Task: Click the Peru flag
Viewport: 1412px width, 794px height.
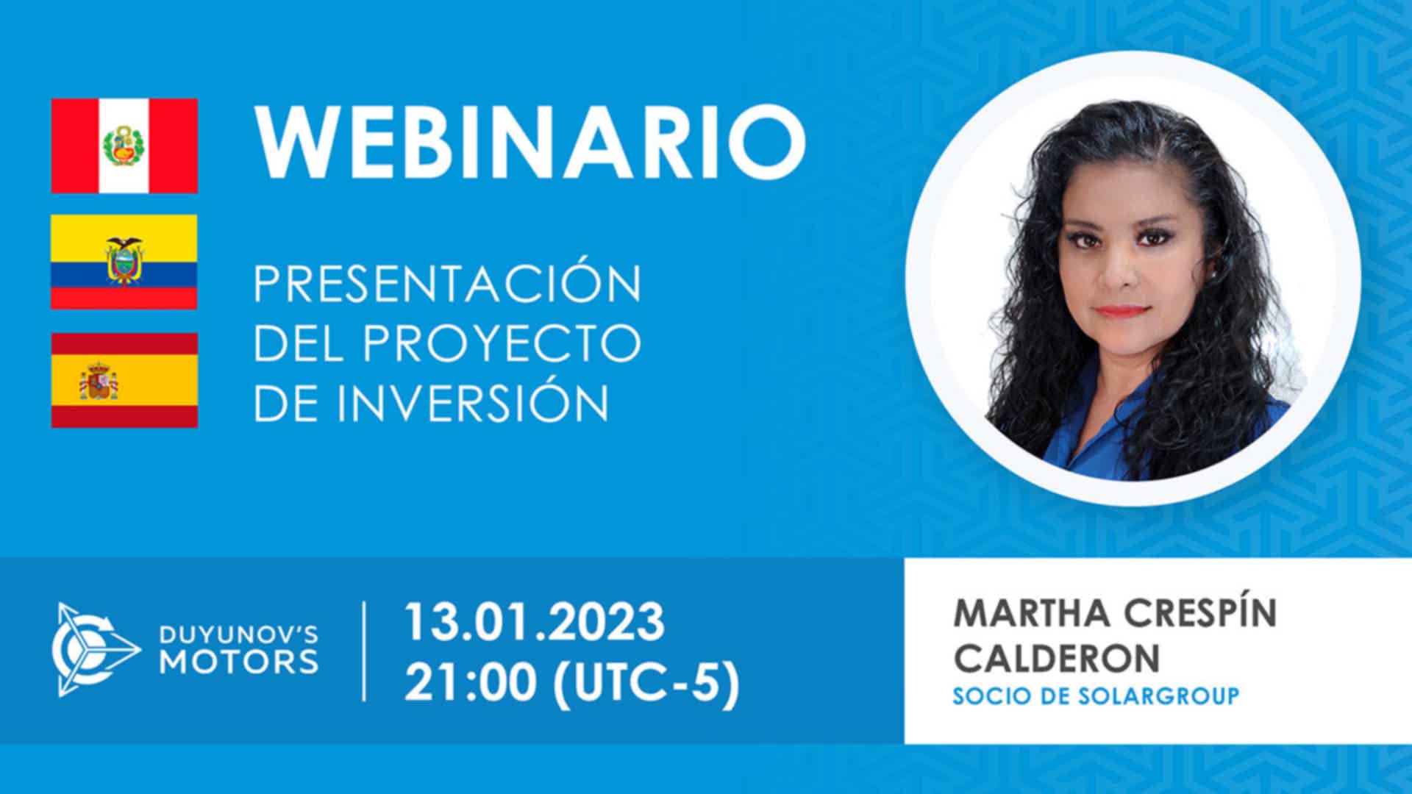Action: [x=124, y=146]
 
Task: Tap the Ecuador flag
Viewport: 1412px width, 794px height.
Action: [x=124, y=262]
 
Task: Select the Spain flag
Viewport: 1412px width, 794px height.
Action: [x=124, y=380]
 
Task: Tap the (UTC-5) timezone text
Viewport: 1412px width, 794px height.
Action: [x=645, y=684]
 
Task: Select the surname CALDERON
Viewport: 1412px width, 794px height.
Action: [x=1056, y=657]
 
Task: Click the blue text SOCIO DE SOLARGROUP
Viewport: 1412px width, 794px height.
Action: [x=1096, y=695]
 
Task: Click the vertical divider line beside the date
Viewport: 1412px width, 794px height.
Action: [x=365, y=651]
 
